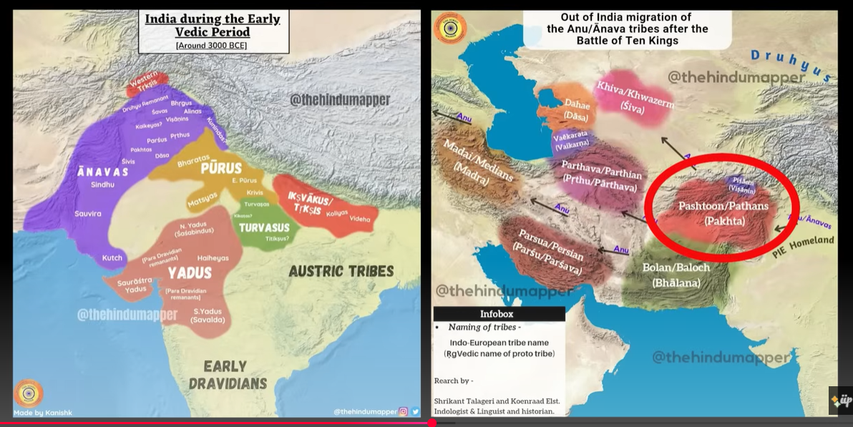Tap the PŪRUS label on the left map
[x=220, y=169]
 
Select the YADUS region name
[x=190, y=273]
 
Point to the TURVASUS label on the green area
[x=264, y=227]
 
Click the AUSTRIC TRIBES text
[x=341, y=271]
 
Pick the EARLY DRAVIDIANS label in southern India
[x=228, y=375]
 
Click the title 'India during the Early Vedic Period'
[x=213, y=25]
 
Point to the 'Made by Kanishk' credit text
[x=44, y=413]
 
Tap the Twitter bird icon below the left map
[x=415, y=411]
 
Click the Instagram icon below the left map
[x=403, y=411]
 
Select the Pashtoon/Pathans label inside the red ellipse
[x=723, y=213]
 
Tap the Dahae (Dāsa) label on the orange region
[x=576, y=109]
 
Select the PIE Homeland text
[x=803, y=246]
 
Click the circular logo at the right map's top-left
[x=450, y=28]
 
